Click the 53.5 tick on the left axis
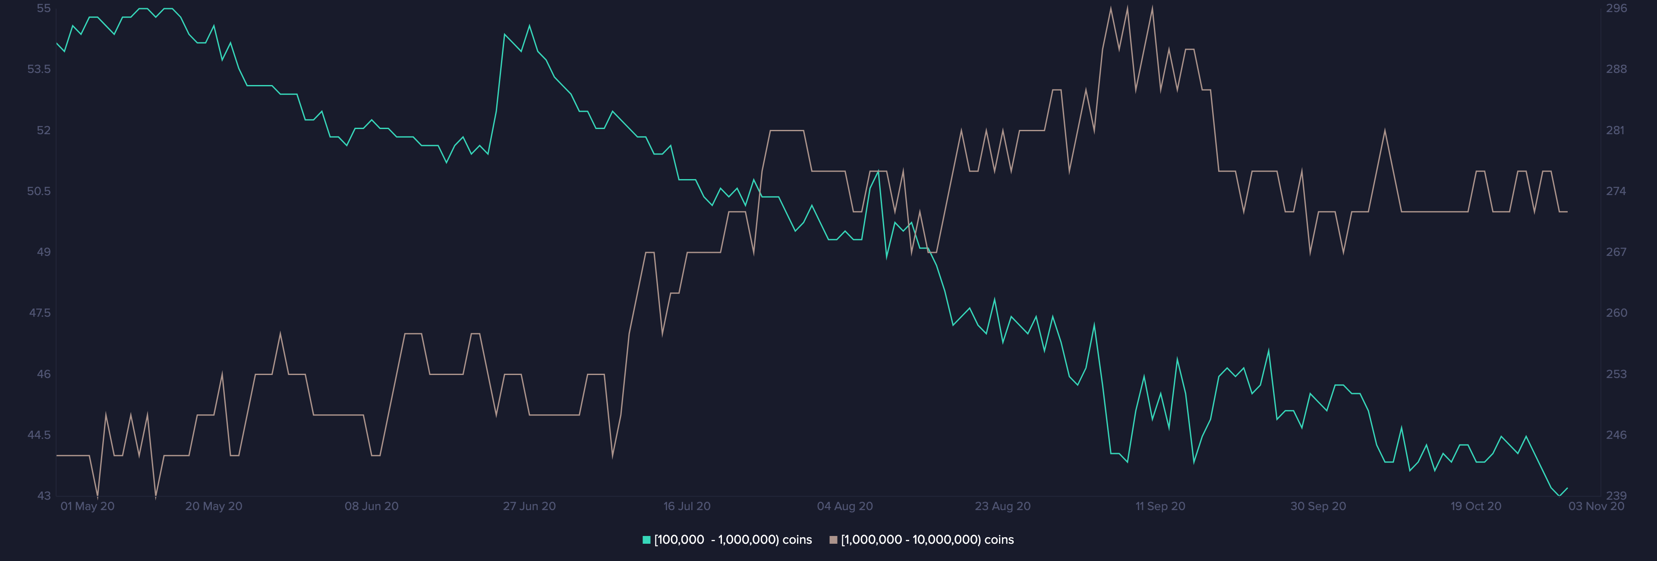tap(38, 69)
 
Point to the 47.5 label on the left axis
tap(39, 313)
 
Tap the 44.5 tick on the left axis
tap(38, 435)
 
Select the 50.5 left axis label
tap(38, 191)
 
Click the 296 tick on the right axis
tap(1616, 8)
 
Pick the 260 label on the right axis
tap(1616, 313)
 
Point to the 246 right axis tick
tap(1616, 435)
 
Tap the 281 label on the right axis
tap(1615, 130)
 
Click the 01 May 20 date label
tap(88, 506)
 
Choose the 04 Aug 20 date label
tap(844, 506)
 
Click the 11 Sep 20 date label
tap(1160, 506)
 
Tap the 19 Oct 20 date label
tap(1476, 506)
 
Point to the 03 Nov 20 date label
tap(1596, 506)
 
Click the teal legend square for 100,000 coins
tap(646, 540)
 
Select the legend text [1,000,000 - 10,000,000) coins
tap(927, 540)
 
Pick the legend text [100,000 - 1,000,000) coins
tap(733, 540)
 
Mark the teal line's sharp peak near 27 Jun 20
tap(529, 26)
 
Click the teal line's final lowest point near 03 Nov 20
tap(1559, 495)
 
